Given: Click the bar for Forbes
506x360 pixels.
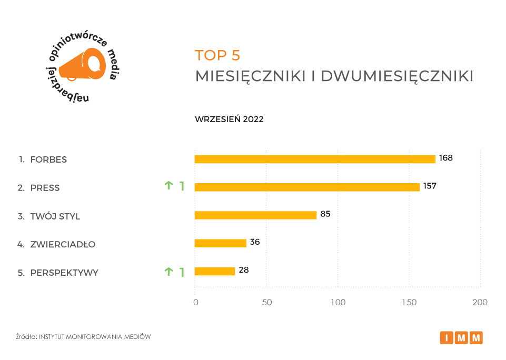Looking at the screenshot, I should click(x=315, y=159).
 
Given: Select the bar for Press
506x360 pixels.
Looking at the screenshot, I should click(x=307, y=187).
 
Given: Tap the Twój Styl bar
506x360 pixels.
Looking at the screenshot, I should click(x=255, y=215).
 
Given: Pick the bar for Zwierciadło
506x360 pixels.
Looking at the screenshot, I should click(x=221, y=243).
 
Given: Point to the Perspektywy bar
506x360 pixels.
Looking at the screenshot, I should click(x=215, y=271).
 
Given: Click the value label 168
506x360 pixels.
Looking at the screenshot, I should click(x=445, y=158).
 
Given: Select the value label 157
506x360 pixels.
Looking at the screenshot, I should click(x=430, y=186).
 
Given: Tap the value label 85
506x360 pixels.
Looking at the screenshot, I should click(x=325, y=214).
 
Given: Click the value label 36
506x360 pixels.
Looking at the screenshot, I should click(x=255, y=242).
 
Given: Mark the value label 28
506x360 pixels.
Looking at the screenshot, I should click(x=243, y=270).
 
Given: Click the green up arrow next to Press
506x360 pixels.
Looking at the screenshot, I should click(x=168, y=185).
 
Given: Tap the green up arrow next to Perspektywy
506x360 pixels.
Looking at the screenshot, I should click(x=168, y=272).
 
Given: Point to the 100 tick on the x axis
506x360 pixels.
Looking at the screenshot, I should click(x=338, y=303).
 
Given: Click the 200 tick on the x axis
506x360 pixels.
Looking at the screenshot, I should click(x=480, y=303).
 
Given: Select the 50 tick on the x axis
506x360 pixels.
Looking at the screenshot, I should click(x=267, y=303).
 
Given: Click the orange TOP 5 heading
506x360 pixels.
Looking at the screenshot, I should click(x=217, y=55).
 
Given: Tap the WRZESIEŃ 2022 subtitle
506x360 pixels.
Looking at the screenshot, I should click(x=229, y=119).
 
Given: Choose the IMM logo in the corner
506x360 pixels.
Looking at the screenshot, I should click(x=461, y=337).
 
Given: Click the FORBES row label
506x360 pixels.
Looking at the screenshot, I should click(x=48, y=159).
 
